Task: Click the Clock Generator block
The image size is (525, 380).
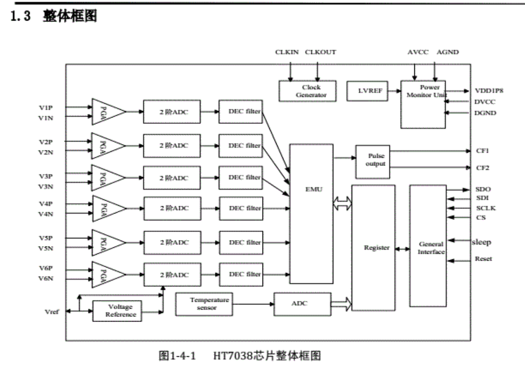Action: (x=307, y=91)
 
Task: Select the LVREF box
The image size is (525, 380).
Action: (x=367, y=91)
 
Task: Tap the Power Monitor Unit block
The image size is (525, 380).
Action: (x=423, y=104)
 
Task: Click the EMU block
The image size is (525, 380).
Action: (x=311, y=214)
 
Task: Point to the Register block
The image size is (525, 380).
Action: (x=373, y=248)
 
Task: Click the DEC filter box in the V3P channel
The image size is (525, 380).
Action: (x=241, y=177)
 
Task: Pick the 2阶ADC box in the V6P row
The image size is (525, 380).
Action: (x=172, y=274)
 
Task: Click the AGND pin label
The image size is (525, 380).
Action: (x=447, y=52)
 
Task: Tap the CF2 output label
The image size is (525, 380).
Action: (x=482, y=168)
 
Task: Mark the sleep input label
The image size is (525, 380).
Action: (x=482, y=242)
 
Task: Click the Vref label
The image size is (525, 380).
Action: (x=52, y=311)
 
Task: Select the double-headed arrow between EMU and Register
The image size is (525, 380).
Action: (x=342, y=204)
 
